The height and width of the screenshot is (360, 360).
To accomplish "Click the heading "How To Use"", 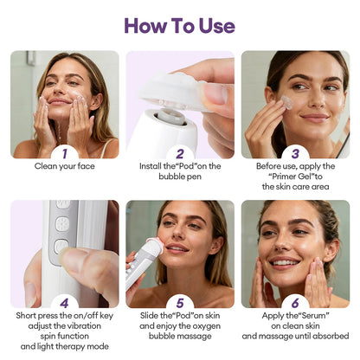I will pos(179,24).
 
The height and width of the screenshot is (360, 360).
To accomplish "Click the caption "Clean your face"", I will pos(65,165).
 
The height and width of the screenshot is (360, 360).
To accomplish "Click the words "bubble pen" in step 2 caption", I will pos(180,175).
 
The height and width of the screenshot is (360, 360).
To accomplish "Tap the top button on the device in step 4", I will pos(61,206).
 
